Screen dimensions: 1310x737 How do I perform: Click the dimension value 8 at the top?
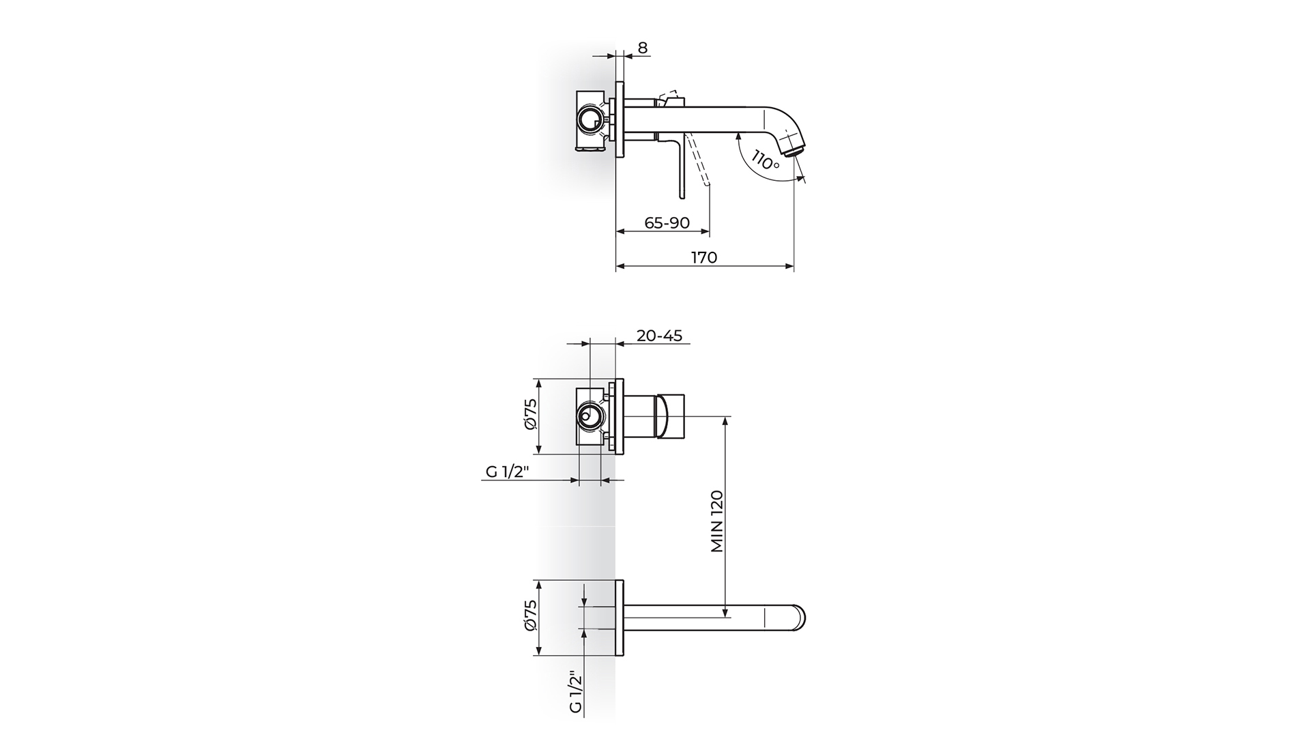pyautogui.click(x=643, y=48)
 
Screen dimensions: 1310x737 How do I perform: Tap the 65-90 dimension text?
pyautogui.click(x=667, y=223)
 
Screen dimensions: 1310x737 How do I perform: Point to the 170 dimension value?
pyautogui.click(x=704, y=257)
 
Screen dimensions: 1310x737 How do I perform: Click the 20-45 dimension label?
pyautogui.click(x=659, y=336)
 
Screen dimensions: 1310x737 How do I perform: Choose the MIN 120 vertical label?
pyautogui.click(x=717, y=521)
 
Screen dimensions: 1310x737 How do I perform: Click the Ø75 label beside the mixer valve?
pyautogui.click(x=531, y=414)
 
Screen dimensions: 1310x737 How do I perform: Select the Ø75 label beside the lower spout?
pyautogui.click(x=531, y=616)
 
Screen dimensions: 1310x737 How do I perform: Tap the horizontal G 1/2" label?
pyautogui.click(x=508, y=472)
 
